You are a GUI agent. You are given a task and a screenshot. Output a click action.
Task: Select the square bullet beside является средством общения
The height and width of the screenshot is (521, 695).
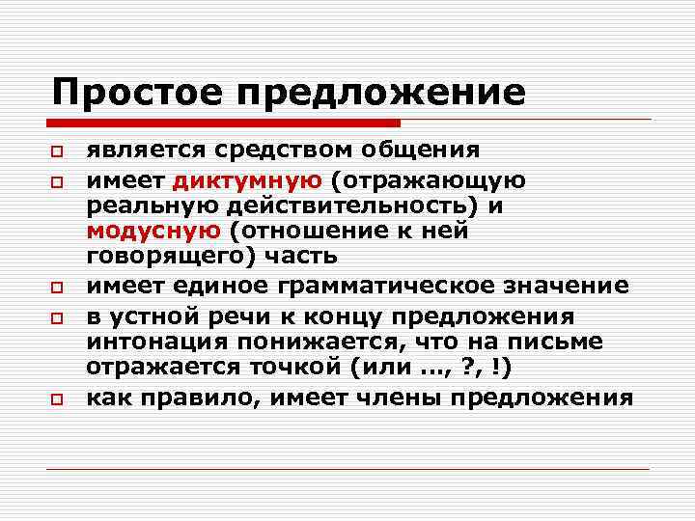(x=57, y=153)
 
